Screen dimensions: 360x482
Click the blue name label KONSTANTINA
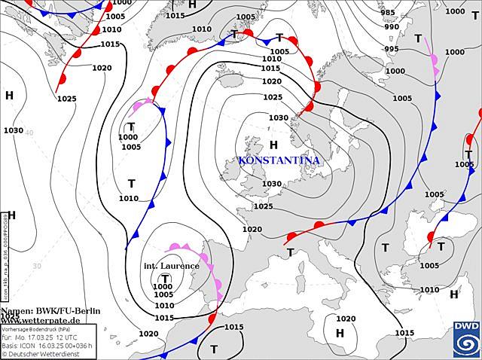click(x=278, y=160)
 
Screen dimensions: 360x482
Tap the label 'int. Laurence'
click(x=171, y=266)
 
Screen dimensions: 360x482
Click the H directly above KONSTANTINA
click(x=273, y=145)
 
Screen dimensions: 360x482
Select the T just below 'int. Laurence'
click(x=165, y=277)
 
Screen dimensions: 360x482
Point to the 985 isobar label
click(x=388, y=13)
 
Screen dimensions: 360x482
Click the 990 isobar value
click(x=392, y=27)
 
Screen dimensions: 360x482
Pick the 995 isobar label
click(x=392, y=49)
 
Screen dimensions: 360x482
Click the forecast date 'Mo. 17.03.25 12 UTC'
click(x=47, y=337)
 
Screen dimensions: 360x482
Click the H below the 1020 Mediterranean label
click(x=340, y=333)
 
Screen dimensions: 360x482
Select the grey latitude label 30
click(x=36, y=266)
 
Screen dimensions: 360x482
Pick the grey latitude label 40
click(x=29, y=133)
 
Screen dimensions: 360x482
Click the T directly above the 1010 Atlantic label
click(x=131, y=184)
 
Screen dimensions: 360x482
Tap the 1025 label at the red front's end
click(x=66, y=99)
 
